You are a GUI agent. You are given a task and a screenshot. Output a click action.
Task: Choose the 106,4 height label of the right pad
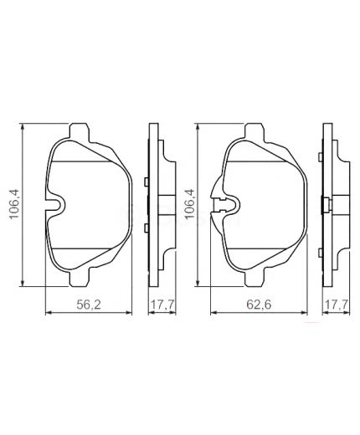[189, 204]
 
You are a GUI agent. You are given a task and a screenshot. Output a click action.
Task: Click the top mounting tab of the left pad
[80, 132]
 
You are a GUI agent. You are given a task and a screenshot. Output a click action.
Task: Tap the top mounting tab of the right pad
[254, 132]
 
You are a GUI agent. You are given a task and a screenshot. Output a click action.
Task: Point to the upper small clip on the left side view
[146, 182]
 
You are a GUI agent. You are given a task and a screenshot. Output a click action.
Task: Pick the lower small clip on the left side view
[146, 227]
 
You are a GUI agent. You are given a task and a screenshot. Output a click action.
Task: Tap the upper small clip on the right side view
[322, 182]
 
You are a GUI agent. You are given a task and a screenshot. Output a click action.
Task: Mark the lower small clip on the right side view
[322, 227]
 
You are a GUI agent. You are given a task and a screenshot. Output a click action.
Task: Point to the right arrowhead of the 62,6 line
[301, 313]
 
